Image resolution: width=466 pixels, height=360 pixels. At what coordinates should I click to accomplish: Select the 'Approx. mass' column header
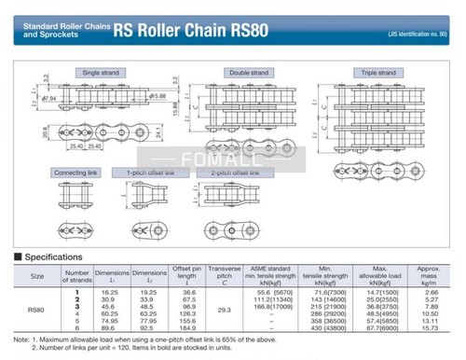(x=429, y=275)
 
